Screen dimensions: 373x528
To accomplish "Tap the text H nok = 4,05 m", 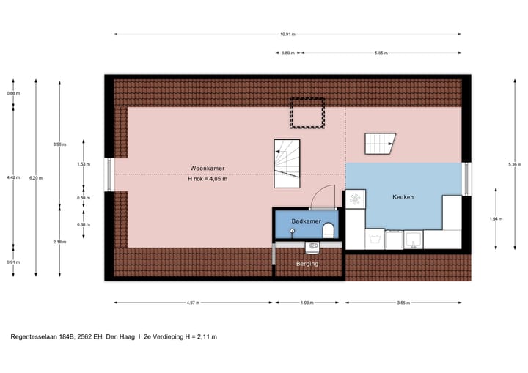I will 208,179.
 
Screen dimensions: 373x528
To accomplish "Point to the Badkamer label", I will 304,220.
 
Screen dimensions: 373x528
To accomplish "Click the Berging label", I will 307,263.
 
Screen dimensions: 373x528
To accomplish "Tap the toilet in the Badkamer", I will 328,231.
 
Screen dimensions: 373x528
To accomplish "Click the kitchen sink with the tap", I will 412,237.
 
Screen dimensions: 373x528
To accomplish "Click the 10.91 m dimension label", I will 288,34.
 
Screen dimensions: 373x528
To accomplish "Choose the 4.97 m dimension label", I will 193,302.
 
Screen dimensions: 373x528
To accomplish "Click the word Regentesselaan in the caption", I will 35,337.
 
